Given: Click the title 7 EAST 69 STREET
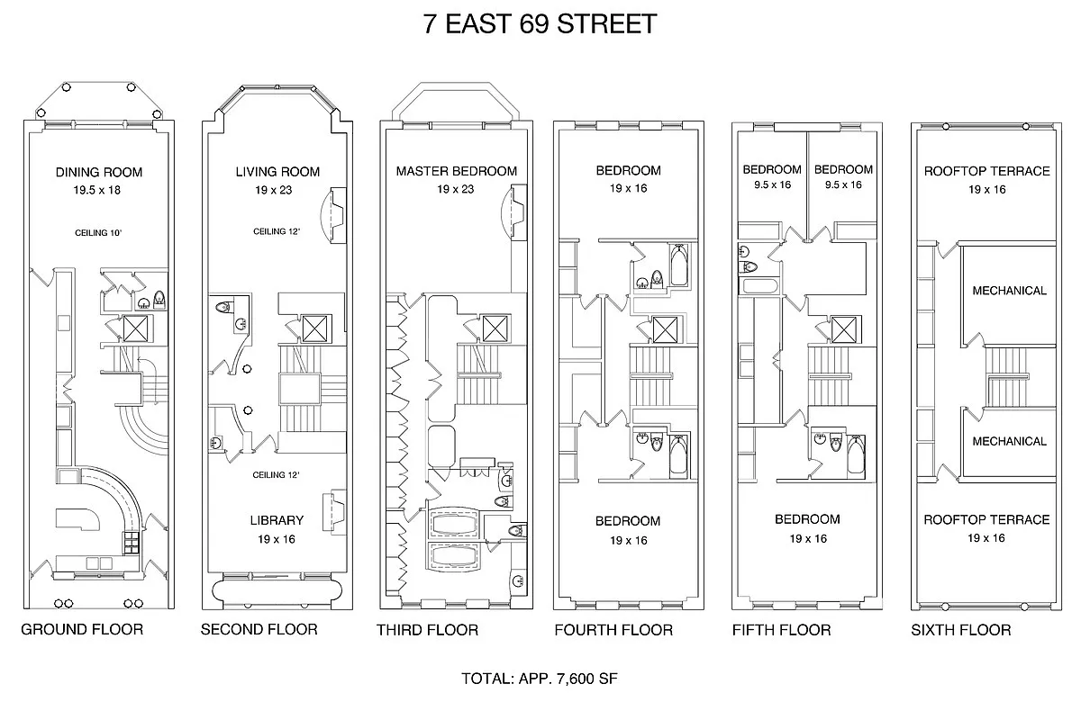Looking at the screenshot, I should click(540, 24).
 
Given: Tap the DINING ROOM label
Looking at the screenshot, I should click(99, 172).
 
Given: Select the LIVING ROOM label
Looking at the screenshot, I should click(277, 172).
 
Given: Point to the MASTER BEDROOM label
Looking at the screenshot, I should click(457, 171).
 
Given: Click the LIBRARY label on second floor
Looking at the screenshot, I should click(277, 520).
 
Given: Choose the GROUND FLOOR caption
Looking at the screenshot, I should click(82, 629).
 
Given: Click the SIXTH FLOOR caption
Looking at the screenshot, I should click(961, 630).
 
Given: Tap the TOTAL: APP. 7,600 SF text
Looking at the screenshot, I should click(539, 678).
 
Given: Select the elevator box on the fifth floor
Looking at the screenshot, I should click(844, 329).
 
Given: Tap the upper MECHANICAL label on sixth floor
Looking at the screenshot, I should click(1009, 291).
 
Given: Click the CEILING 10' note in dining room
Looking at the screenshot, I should click(99, 232).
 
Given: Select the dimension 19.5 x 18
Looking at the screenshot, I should click(99, 190).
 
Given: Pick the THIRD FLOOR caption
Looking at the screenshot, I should click(427, 630).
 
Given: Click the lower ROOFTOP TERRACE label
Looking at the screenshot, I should click(986, 519).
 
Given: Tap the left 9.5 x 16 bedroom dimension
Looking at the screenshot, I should click(772, 185).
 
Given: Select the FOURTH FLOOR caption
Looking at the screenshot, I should click(613, 630).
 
